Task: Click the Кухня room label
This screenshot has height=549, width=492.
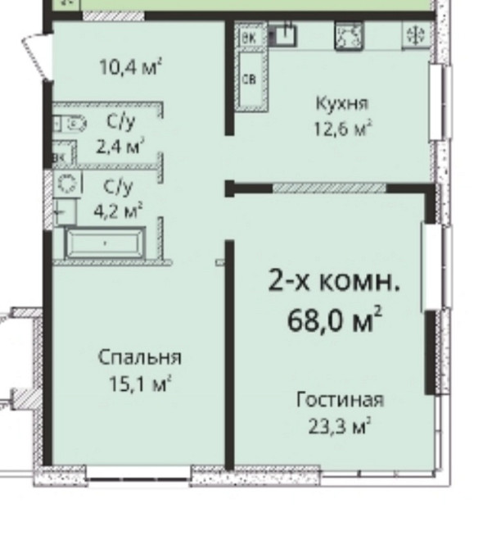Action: click(x=342, y=103)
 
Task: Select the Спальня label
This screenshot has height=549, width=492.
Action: click(x=139, y=357)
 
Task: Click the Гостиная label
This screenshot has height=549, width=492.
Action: click(x=340, y=400)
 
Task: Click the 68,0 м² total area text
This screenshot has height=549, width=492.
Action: click(x=335, y=319)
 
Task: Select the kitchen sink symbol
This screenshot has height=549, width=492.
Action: click(x=284, y=34)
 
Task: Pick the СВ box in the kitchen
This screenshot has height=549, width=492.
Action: click(x=251, y=79)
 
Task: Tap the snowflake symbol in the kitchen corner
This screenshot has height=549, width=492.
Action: click(x=414, y=35)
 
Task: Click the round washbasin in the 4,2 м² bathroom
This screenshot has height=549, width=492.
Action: click(x=69, y=183)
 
